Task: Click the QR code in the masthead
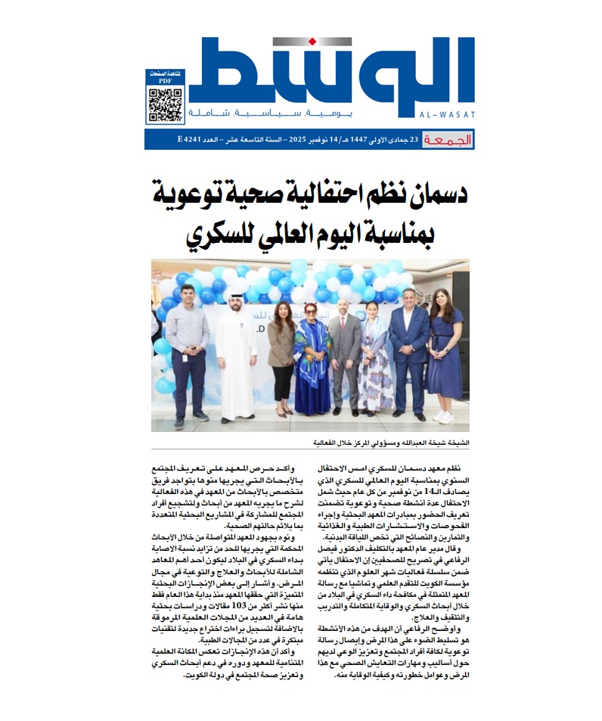[164, 104]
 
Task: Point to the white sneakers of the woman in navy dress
[444, 417]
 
